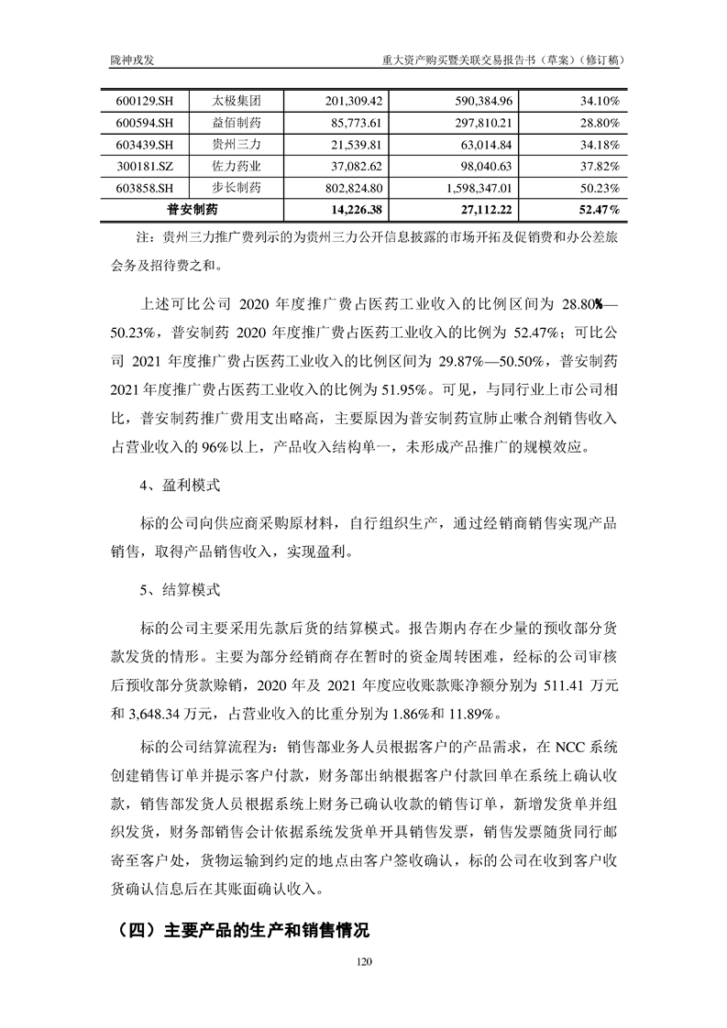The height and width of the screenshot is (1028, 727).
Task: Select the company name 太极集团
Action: tap(236, 100)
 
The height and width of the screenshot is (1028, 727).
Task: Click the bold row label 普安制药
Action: tap(193, 210)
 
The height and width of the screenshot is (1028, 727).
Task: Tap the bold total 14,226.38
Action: tap(351, 210)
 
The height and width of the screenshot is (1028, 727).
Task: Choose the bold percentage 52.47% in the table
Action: tap(599, 210)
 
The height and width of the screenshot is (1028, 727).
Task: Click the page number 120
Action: tap(363, 962)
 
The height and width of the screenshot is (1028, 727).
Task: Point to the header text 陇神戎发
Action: tap(130, 59)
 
